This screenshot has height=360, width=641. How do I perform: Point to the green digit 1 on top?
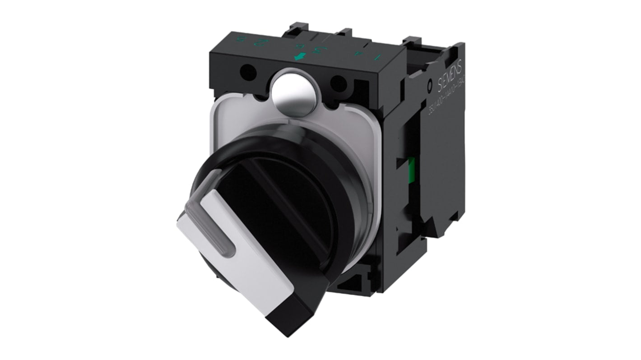click(x=379, y=57)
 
